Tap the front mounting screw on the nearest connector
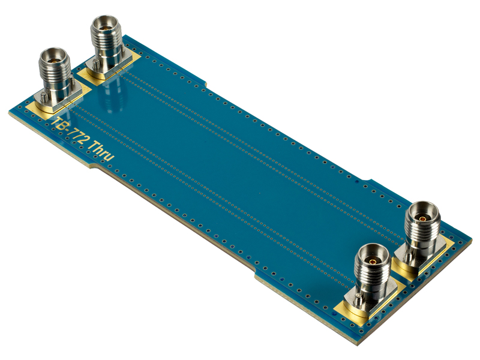[x=358, y=299]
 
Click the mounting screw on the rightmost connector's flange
[x=408, y=257]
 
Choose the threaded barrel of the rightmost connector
[x=424, y=231]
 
